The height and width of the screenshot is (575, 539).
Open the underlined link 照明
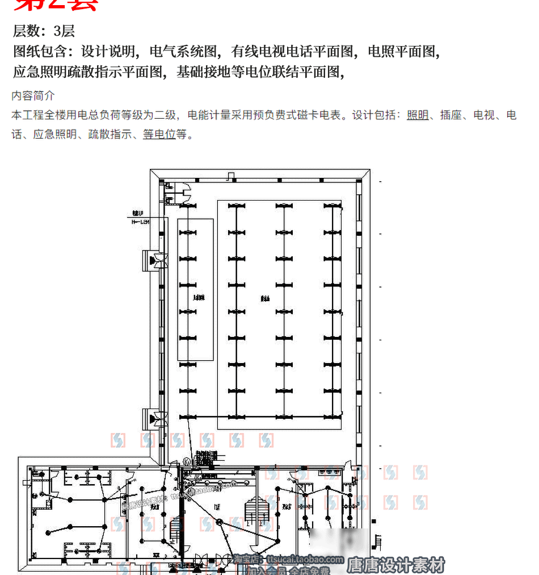pyautogui.click(x=418, y=115)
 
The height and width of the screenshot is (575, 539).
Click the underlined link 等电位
pyautogui.click(x=159, y=135)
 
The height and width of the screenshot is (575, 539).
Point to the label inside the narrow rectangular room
pyautogui.click(x=197, y=297)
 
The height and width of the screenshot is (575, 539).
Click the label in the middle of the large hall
pyautogui.click(x=264, y=298)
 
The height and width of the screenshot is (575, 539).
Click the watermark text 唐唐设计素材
pyautogui.click(x=395, y=565)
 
